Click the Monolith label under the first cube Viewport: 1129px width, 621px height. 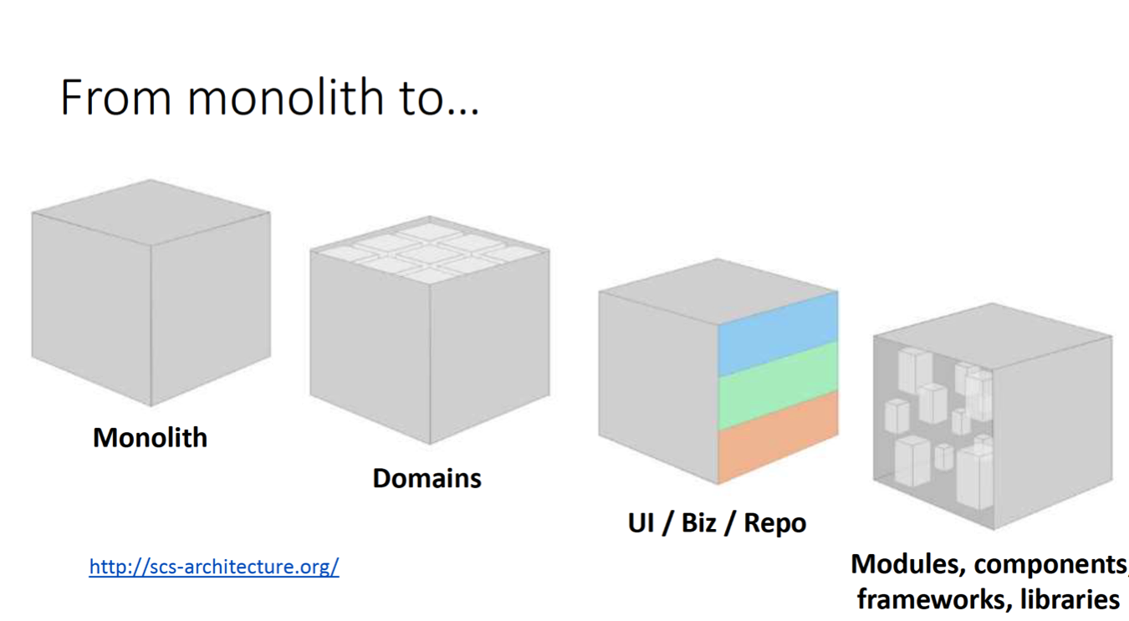[x=150, y=438]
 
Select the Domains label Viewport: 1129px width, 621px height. [x=427, y=478]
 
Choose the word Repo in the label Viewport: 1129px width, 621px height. [x=775, y=523]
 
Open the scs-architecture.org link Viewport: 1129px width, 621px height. [x=214, y=567]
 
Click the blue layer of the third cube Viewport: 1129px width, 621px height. [x=777, y=332]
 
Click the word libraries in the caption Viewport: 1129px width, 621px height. [x=1070, y=599]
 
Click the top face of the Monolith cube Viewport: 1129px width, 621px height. [x=151, y=211]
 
